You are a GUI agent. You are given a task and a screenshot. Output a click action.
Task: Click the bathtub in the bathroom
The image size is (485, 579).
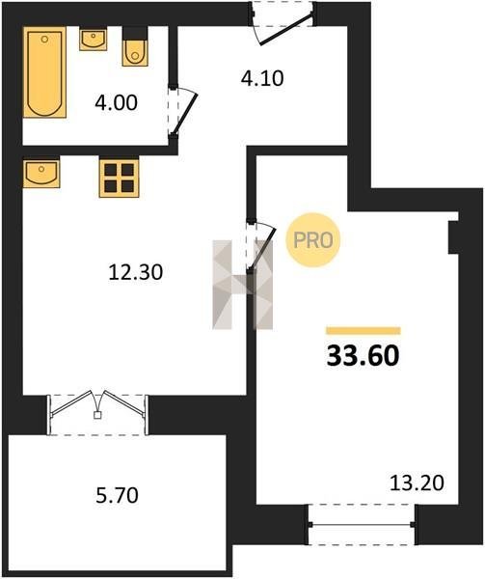(44, 72)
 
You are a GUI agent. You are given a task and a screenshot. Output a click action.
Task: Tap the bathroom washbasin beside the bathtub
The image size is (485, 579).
(93, 40)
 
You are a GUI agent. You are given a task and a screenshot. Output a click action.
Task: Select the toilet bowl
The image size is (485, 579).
(135, 52)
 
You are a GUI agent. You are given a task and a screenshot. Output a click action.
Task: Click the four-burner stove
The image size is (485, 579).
(119, 178)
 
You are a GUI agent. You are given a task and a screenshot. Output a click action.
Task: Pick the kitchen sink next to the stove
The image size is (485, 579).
(41, 174)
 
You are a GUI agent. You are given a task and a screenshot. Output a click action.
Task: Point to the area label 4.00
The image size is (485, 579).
(116, 102)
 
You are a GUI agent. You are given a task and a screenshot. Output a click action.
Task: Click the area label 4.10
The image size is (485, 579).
(262, 78)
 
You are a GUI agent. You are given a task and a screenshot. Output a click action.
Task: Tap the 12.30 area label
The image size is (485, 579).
(136, 272)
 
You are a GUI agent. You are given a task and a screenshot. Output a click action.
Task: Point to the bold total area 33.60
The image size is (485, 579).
(363, 356)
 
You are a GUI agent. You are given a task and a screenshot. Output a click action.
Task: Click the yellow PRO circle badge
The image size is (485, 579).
(312, 240)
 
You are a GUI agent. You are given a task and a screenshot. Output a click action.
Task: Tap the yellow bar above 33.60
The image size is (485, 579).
(364, 330)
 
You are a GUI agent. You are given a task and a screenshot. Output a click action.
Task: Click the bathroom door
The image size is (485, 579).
(182, 112)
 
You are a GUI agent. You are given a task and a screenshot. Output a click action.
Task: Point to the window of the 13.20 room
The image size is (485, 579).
(362, 524)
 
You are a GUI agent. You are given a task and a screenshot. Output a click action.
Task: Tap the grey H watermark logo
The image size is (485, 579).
(243, 285)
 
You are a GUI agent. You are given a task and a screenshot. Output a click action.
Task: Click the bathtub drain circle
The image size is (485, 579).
(45, 39)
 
